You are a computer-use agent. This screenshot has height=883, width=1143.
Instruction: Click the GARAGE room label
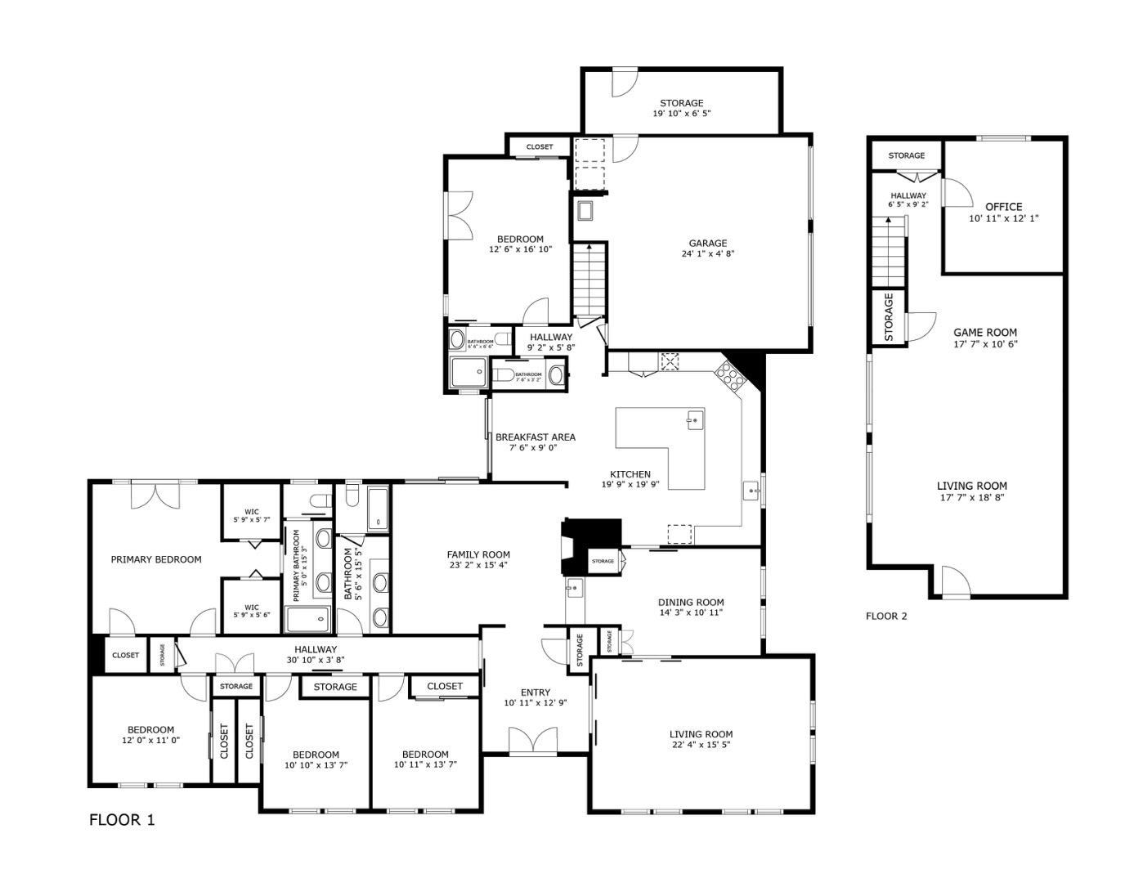pos(707,243)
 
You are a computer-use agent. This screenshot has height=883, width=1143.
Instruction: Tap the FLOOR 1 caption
pos(122,820)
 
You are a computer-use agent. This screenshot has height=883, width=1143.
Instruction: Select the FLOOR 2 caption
pos(886,616)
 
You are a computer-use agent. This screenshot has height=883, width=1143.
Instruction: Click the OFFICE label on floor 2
pos(1003,207)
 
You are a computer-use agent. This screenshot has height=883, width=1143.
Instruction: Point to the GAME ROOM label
pos(985,332)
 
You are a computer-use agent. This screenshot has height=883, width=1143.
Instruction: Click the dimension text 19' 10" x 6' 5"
pos(681,114)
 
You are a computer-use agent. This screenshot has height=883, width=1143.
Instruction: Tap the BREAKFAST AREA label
pos(535,437)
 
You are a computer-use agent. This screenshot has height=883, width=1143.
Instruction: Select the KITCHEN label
pos(630,474)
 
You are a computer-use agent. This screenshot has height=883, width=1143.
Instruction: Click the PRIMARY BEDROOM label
pos(155,559)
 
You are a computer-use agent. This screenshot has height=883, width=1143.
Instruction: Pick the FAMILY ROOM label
pos(478,554)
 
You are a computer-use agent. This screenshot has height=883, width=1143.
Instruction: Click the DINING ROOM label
pos(691,603)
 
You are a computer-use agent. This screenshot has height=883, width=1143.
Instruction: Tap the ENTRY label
pos(536,693)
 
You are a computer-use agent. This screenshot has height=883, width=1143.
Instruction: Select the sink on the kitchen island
pos(694,420)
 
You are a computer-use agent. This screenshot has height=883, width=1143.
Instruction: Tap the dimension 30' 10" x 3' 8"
pos(316,661)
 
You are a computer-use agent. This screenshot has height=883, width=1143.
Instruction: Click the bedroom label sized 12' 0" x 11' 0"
pos(150,730)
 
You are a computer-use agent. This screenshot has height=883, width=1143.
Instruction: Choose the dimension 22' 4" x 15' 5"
pos(701,746)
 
